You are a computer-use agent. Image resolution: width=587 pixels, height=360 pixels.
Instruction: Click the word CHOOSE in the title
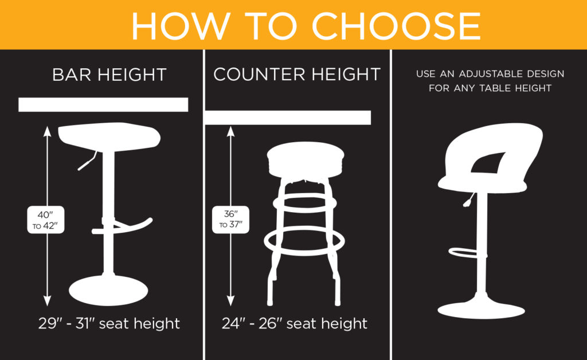click(x=396, y=26)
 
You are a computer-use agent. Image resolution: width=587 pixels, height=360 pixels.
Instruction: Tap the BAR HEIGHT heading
click(x=109, y=75)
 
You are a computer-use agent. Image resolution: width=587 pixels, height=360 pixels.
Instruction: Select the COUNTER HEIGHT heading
click(x=297, y=74)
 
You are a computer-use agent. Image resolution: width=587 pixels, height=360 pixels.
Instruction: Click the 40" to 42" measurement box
click(x=45, y=220)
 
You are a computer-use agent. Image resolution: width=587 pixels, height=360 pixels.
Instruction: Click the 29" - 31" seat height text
click(x=109, y=323)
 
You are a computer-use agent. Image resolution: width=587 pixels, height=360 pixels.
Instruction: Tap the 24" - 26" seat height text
click(x=295, y=323)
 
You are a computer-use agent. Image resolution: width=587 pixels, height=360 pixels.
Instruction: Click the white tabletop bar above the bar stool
click(x=103, y=104)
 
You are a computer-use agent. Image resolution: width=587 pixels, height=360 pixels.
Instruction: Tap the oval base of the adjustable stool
click(x=481, y=308)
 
